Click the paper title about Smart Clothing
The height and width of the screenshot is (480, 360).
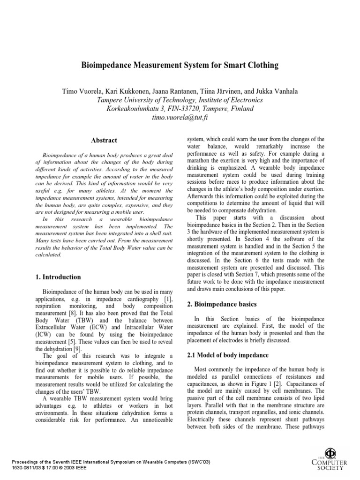180,65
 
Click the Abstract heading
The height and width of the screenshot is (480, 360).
104,140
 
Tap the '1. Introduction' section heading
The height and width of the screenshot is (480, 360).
58,277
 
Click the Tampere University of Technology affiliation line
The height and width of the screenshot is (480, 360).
180,100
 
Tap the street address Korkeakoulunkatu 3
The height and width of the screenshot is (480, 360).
139,108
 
